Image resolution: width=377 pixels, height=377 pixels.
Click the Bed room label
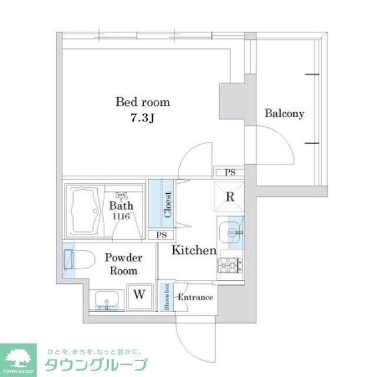(143, 102)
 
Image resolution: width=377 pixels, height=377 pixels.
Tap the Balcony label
(284, 114)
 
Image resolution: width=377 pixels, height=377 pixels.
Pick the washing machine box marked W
(140, 295)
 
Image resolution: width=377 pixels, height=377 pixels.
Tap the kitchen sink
(231, 231)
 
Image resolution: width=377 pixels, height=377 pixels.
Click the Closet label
(167, 204)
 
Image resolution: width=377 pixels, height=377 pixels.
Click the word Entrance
(195, 297)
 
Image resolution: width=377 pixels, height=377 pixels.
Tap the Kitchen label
(194, 250)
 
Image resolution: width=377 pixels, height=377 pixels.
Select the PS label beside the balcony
(230, 172)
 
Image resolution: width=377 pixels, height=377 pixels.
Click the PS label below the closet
(161, 235)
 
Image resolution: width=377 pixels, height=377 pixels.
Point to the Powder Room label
(123, 264)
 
